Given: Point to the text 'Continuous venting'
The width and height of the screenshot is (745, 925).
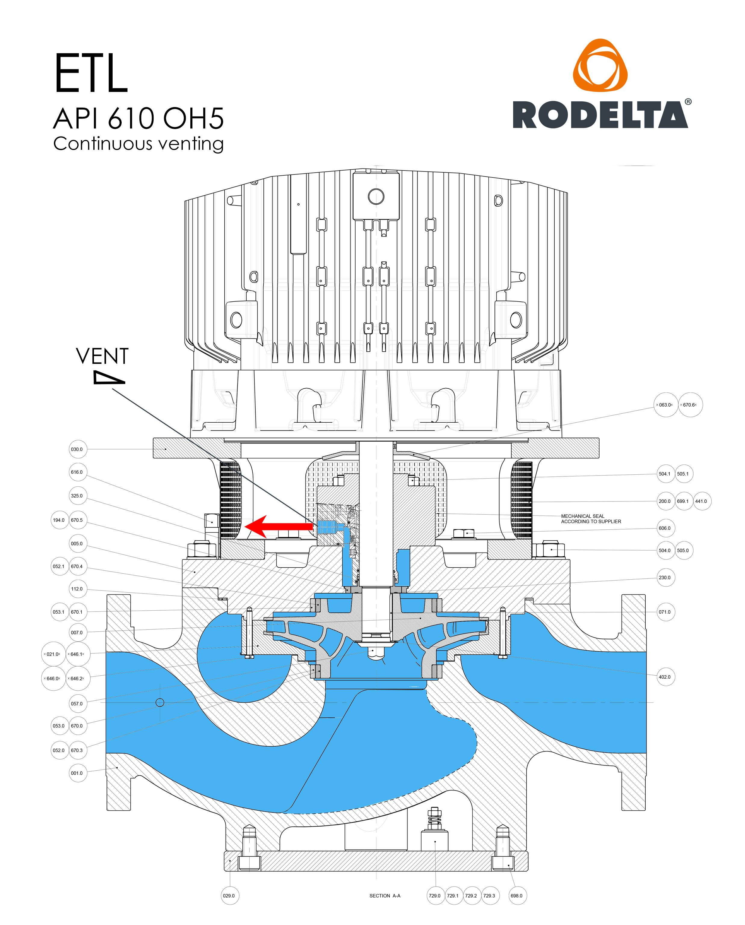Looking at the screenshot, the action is coord(138,144).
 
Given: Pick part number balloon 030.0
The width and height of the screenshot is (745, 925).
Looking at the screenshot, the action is coord(77,449).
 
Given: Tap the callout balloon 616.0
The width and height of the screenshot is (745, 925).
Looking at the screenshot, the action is coord(77,472).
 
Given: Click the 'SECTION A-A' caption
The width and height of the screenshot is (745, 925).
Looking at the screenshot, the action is coord(385,896).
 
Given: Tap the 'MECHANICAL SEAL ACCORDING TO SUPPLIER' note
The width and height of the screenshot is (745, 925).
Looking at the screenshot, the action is coord(591,519).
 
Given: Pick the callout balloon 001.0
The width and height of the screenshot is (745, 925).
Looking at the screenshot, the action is coord(77,773).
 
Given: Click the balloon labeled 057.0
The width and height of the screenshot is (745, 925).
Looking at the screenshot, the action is coord(77,704).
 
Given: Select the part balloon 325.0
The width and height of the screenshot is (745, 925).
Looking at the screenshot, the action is coord(77,495).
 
